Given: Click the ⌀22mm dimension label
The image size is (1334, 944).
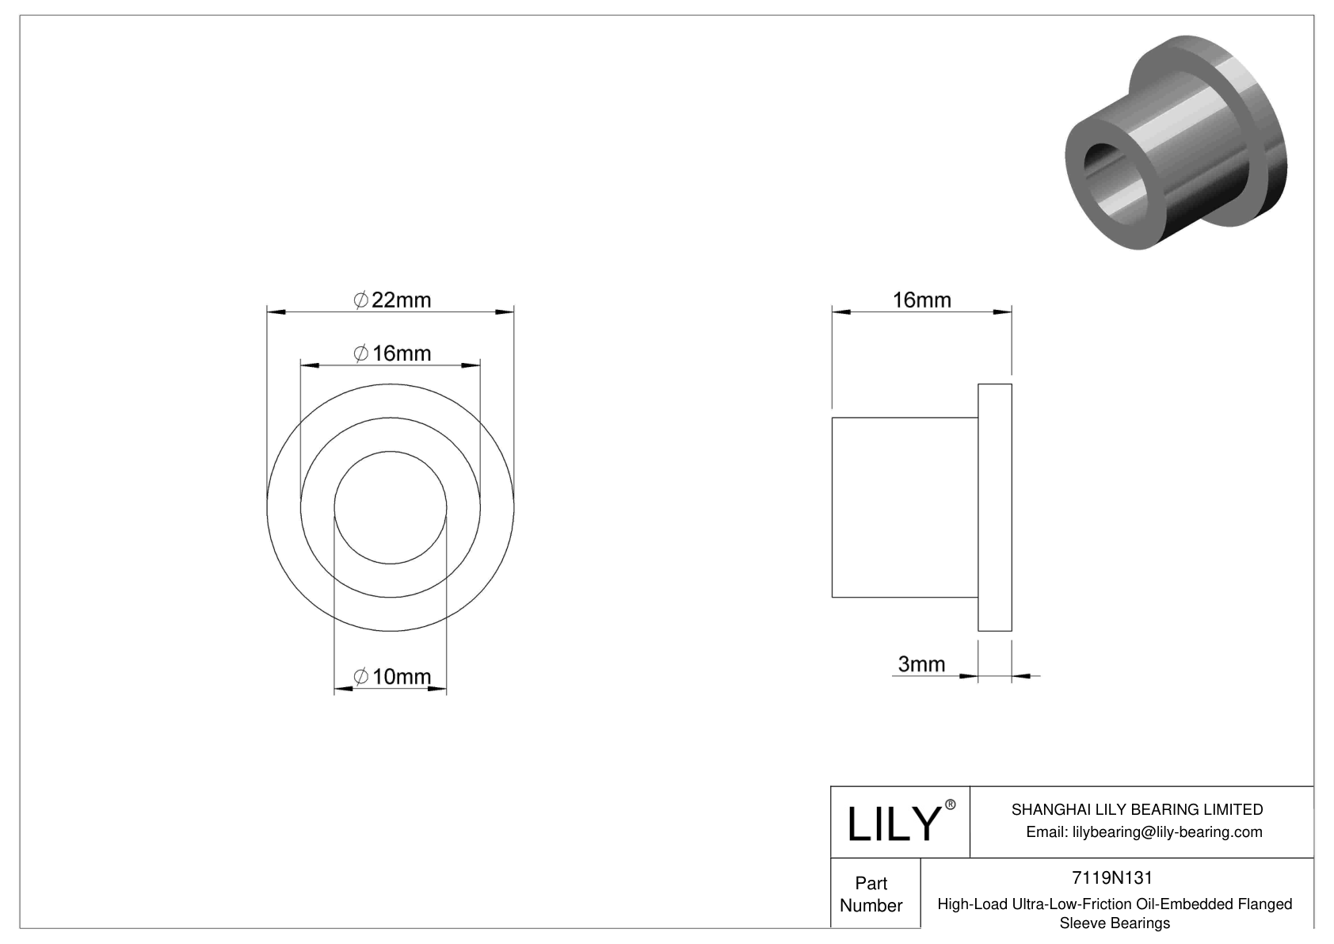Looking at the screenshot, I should coord(392,300).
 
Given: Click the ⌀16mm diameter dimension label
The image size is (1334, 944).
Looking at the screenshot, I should coord(392,354).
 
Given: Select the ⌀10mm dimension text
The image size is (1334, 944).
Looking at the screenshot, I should coord(392,677).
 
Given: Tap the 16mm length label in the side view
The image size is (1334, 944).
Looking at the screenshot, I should coord(921,300).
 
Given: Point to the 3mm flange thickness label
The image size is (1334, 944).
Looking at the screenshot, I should coord(921,664).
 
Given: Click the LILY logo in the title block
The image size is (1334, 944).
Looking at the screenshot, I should coord(893,824).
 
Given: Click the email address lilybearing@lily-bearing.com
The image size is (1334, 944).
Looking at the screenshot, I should coord(1144,832).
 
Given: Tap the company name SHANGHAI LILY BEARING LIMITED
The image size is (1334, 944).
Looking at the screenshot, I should coord(1137,809).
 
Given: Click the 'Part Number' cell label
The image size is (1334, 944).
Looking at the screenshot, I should coord(871,894).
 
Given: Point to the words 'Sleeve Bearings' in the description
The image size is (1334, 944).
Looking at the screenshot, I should coord(1114,923).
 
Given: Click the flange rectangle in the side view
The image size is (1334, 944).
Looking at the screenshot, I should coord(995,507).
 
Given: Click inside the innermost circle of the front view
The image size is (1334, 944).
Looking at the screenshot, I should coord(391,507).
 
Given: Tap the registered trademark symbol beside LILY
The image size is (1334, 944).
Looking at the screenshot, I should coord(951,805).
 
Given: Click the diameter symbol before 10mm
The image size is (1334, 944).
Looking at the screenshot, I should coord(360,677).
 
